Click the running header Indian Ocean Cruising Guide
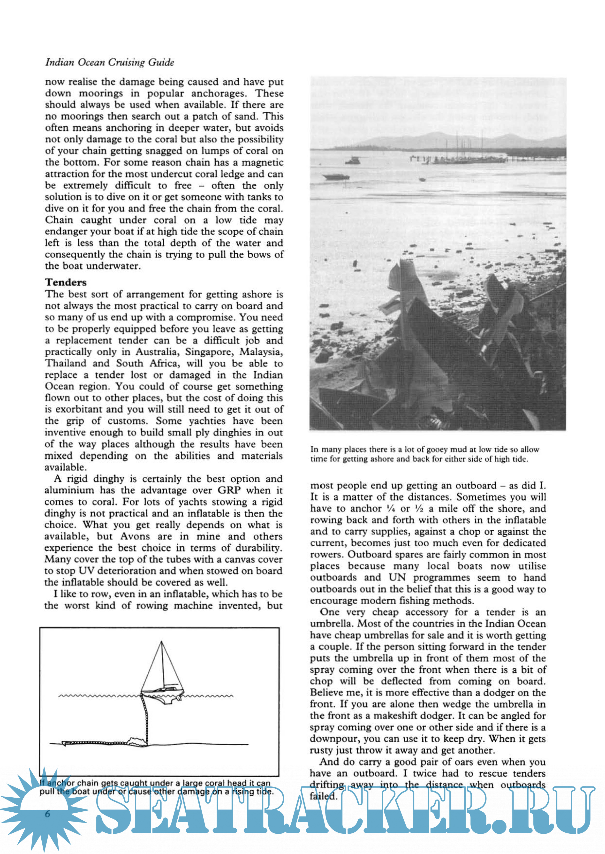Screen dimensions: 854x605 (x=110, y=62)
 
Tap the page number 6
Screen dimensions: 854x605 (x=47, y=814)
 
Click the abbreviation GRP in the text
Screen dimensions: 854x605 (x=229, y=490)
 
